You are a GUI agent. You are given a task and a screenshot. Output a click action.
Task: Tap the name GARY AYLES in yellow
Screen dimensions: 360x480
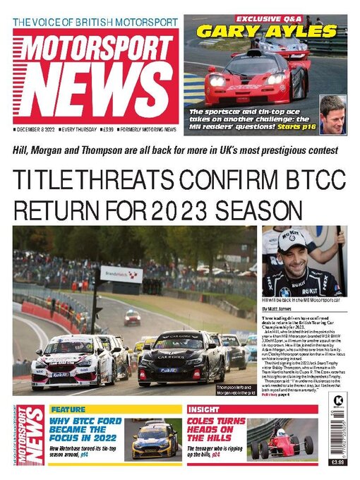(x=265, y=31)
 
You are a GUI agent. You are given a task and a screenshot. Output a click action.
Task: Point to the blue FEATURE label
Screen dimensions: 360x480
(x=68, y=409)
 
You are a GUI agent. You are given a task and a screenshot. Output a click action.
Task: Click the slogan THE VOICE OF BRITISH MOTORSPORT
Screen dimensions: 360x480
(x=96, y=22)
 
